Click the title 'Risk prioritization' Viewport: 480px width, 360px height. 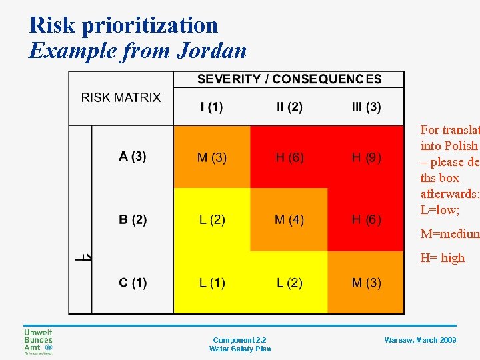(123, 25)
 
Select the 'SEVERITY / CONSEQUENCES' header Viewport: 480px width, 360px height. (289, 79)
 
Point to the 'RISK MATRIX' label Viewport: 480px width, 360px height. (121, 97)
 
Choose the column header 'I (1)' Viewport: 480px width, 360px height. (211, 107)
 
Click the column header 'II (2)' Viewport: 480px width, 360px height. (289, 107)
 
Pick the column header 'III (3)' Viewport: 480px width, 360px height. (366, 107)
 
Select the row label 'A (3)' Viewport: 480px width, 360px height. (133, 157)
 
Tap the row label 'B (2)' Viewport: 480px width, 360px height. (133, 219)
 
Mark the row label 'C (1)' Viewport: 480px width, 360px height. (133, 283)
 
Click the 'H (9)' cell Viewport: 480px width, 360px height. (367, 157)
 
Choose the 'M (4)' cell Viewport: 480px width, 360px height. (289, 220)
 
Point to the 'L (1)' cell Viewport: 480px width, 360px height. (212, 283)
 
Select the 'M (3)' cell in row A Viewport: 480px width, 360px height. (212, 157)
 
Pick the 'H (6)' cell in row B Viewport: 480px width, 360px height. (367, 220)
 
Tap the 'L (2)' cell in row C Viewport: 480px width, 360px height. (289, 283)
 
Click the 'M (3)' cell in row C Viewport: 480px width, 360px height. (367, 283)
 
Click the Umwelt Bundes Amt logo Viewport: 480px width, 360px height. (38, 341)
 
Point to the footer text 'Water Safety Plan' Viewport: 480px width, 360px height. (240, 349)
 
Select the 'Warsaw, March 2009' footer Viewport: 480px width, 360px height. (420, 340)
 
